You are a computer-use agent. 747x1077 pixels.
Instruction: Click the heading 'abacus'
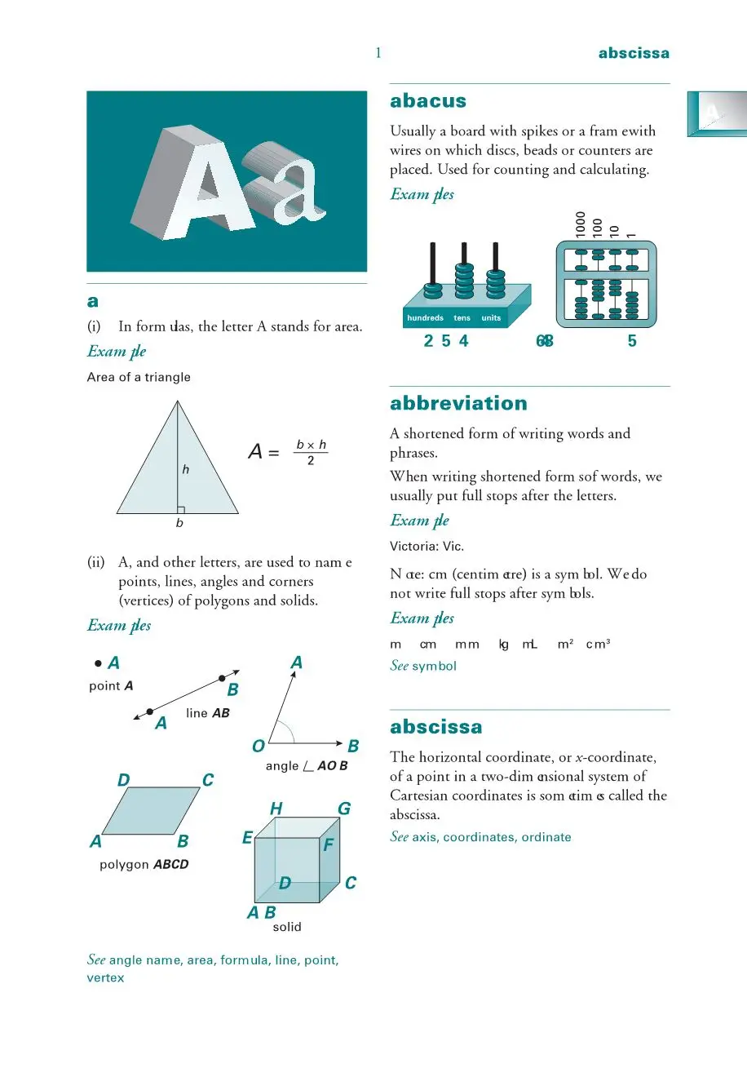point(428,101)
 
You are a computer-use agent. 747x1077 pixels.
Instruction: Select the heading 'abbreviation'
point(458,403)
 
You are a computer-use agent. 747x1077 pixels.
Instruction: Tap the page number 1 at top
point(378,53)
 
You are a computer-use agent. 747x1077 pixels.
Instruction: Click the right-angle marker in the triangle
point(181,509)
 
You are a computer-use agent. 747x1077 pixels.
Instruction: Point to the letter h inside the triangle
point(186,469)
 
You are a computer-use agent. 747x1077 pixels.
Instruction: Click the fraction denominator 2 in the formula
point(311,461)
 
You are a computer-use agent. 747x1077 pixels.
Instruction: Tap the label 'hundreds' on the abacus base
point(425,318)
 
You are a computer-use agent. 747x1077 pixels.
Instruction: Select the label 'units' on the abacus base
point(491,318)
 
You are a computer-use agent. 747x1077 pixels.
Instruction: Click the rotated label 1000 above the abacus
point(581,224)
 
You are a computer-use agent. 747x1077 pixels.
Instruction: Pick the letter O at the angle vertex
point(259,746)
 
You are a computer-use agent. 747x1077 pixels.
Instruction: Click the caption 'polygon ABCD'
point(144,864)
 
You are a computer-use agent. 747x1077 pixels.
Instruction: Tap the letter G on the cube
point(344,809)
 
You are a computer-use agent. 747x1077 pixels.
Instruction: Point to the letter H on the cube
point(276,809)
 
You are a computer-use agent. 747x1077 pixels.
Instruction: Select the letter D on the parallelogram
point(124,780)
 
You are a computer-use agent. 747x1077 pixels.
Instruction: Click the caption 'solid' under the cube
point(287,927)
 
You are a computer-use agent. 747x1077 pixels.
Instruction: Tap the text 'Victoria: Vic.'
point(427,546)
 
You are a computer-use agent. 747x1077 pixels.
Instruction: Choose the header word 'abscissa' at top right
point(634,53)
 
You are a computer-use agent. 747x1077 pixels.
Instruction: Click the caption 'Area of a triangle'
point(139,377)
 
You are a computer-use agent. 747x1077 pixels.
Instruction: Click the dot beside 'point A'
point(98,663)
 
